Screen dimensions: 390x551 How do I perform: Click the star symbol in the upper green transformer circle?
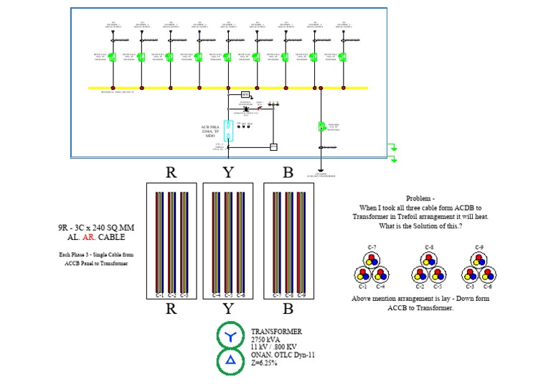[x=230, y=336]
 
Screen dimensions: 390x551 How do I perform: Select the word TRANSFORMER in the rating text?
[x=276, y=332]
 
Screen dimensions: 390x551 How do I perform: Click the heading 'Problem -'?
[x=420, y=198]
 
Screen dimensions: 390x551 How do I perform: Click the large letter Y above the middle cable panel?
[x=227, y=172]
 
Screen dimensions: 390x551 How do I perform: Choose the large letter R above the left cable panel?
[x=171, y=172]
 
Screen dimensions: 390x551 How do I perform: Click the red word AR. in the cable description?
[x=87, y=237]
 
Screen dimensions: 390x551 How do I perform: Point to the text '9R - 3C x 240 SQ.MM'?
[x=95, y=228]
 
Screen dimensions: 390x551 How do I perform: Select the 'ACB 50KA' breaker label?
[x=211, y=127]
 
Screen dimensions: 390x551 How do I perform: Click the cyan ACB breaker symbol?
[x=228, y=129]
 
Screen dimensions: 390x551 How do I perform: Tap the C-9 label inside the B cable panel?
[x=302, y=295]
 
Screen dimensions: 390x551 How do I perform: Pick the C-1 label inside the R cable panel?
[x=160, y=295]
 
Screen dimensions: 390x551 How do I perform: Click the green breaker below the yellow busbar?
[x=322, y=127]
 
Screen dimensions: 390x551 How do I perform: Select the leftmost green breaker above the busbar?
[x=113, y=57]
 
